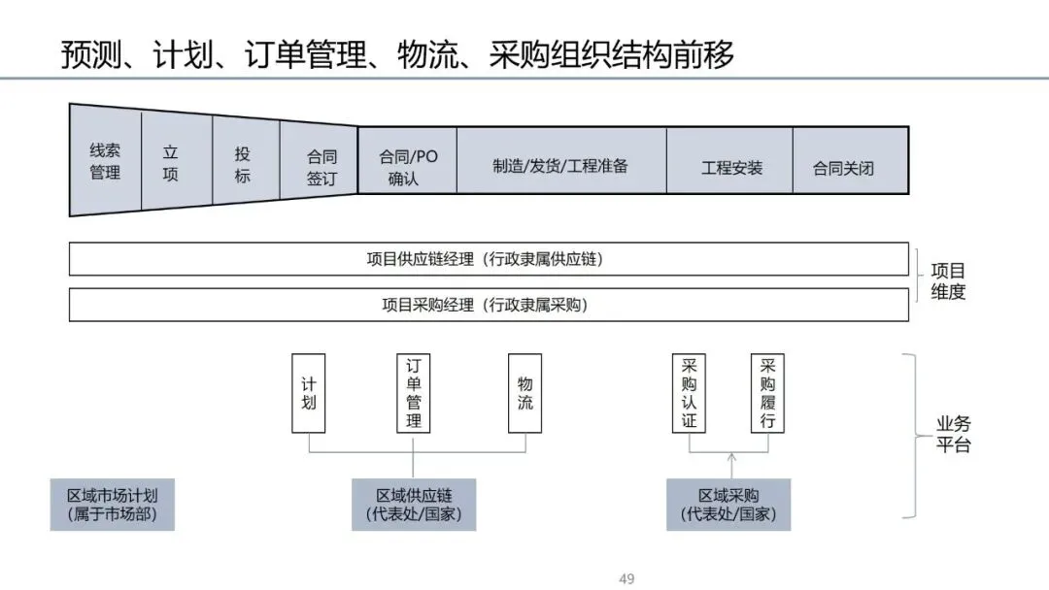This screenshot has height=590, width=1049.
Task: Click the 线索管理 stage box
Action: [x=105, y=161]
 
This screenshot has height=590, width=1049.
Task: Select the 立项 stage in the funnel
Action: [x=171, y=163]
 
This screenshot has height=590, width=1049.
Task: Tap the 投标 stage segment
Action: [x=243, y=164]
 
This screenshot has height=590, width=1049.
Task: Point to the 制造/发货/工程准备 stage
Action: [x=560, y=165]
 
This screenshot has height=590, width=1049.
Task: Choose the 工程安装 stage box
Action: [x=731, y=167]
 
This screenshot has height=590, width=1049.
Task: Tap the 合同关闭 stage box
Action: [x=843, y=167]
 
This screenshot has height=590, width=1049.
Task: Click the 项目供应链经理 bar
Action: [x=490, y=259]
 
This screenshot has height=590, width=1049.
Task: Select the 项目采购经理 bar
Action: [x=490, y=305]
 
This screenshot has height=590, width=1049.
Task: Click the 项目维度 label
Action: [x=948, y=280]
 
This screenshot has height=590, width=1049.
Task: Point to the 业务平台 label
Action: [x=953, y=435]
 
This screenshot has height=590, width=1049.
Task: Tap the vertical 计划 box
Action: [x=309, y=393]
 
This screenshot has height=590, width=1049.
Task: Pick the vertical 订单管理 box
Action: [x=414, y=393]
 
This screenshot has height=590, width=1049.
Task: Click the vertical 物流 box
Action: [x=525, y=393]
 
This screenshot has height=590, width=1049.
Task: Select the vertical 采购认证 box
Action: [x=690, y=393]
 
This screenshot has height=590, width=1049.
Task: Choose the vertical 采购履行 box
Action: [x=767, y=393]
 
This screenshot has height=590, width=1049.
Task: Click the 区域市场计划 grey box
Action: [x=113, y=504]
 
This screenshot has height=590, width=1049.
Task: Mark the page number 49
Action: [x=626, y=579]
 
